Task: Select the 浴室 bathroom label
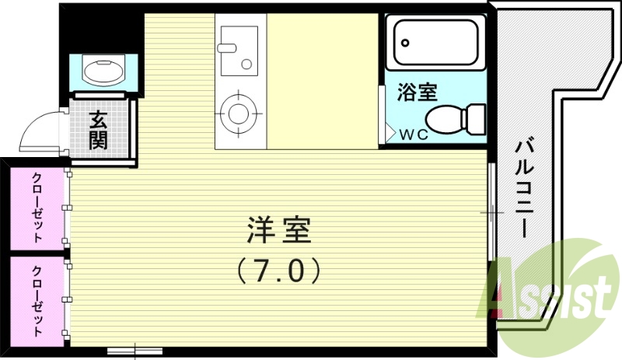click(x=417, y=93)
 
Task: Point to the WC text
click(x=414, y=134)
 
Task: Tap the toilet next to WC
click(x=445, y=119)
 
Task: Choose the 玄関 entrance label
click(x=99, y=130)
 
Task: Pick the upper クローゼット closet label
click(x=37, y=208)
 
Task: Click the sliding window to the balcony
click(x=491, y=211)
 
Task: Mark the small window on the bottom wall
click(x=135, y=351)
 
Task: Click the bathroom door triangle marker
click(x=391, y=132)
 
